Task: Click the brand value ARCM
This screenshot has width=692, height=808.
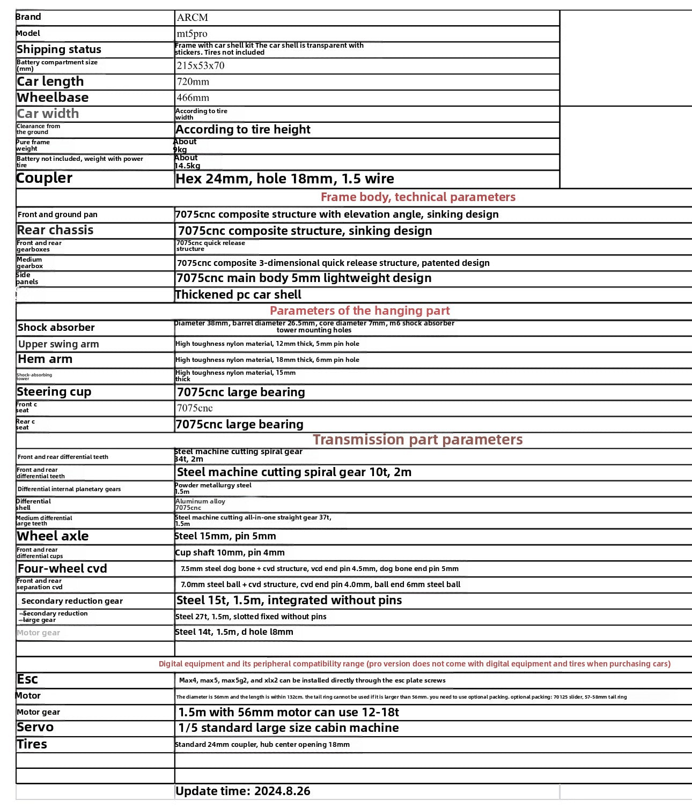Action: [192, 18]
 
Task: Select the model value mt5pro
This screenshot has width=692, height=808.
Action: [192, 34]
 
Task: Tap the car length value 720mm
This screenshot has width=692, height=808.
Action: [193, 82]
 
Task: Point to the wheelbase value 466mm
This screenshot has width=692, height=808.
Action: [193, 98]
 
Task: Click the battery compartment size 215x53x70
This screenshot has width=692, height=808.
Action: [201, 66]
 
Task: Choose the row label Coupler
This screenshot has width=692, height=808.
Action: [45, 178]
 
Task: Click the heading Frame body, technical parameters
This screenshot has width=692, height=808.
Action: [418, 197]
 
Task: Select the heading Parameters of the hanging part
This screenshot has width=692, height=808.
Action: [359, 311]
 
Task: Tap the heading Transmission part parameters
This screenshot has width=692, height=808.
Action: [417, 440]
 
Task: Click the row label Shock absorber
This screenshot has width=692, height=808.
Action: [56, 328]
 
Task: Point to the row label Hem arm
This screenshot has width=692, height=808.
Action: [45, 359]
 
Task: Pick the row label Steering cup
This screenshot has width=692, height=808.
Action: [54, 392]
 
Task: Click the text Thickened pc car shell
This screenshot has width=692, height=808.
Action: [238, 295]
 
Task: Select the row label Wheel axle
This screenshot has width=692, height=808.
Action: [53, 536]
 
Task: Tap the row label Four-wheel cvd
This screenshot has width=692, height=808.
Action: [62, 568]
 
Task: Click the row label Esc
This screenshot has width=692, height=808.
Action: [27, 679]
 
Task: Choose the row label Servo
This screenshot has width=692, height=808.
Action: [35, 728]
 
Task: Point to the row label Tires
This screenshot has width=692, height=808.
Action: [32, 744]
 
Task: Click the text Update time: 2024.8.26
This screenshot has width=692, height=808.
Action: [243, 791]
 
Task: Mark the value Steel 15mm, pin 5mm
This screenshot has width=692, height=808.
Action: [225, 536]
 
